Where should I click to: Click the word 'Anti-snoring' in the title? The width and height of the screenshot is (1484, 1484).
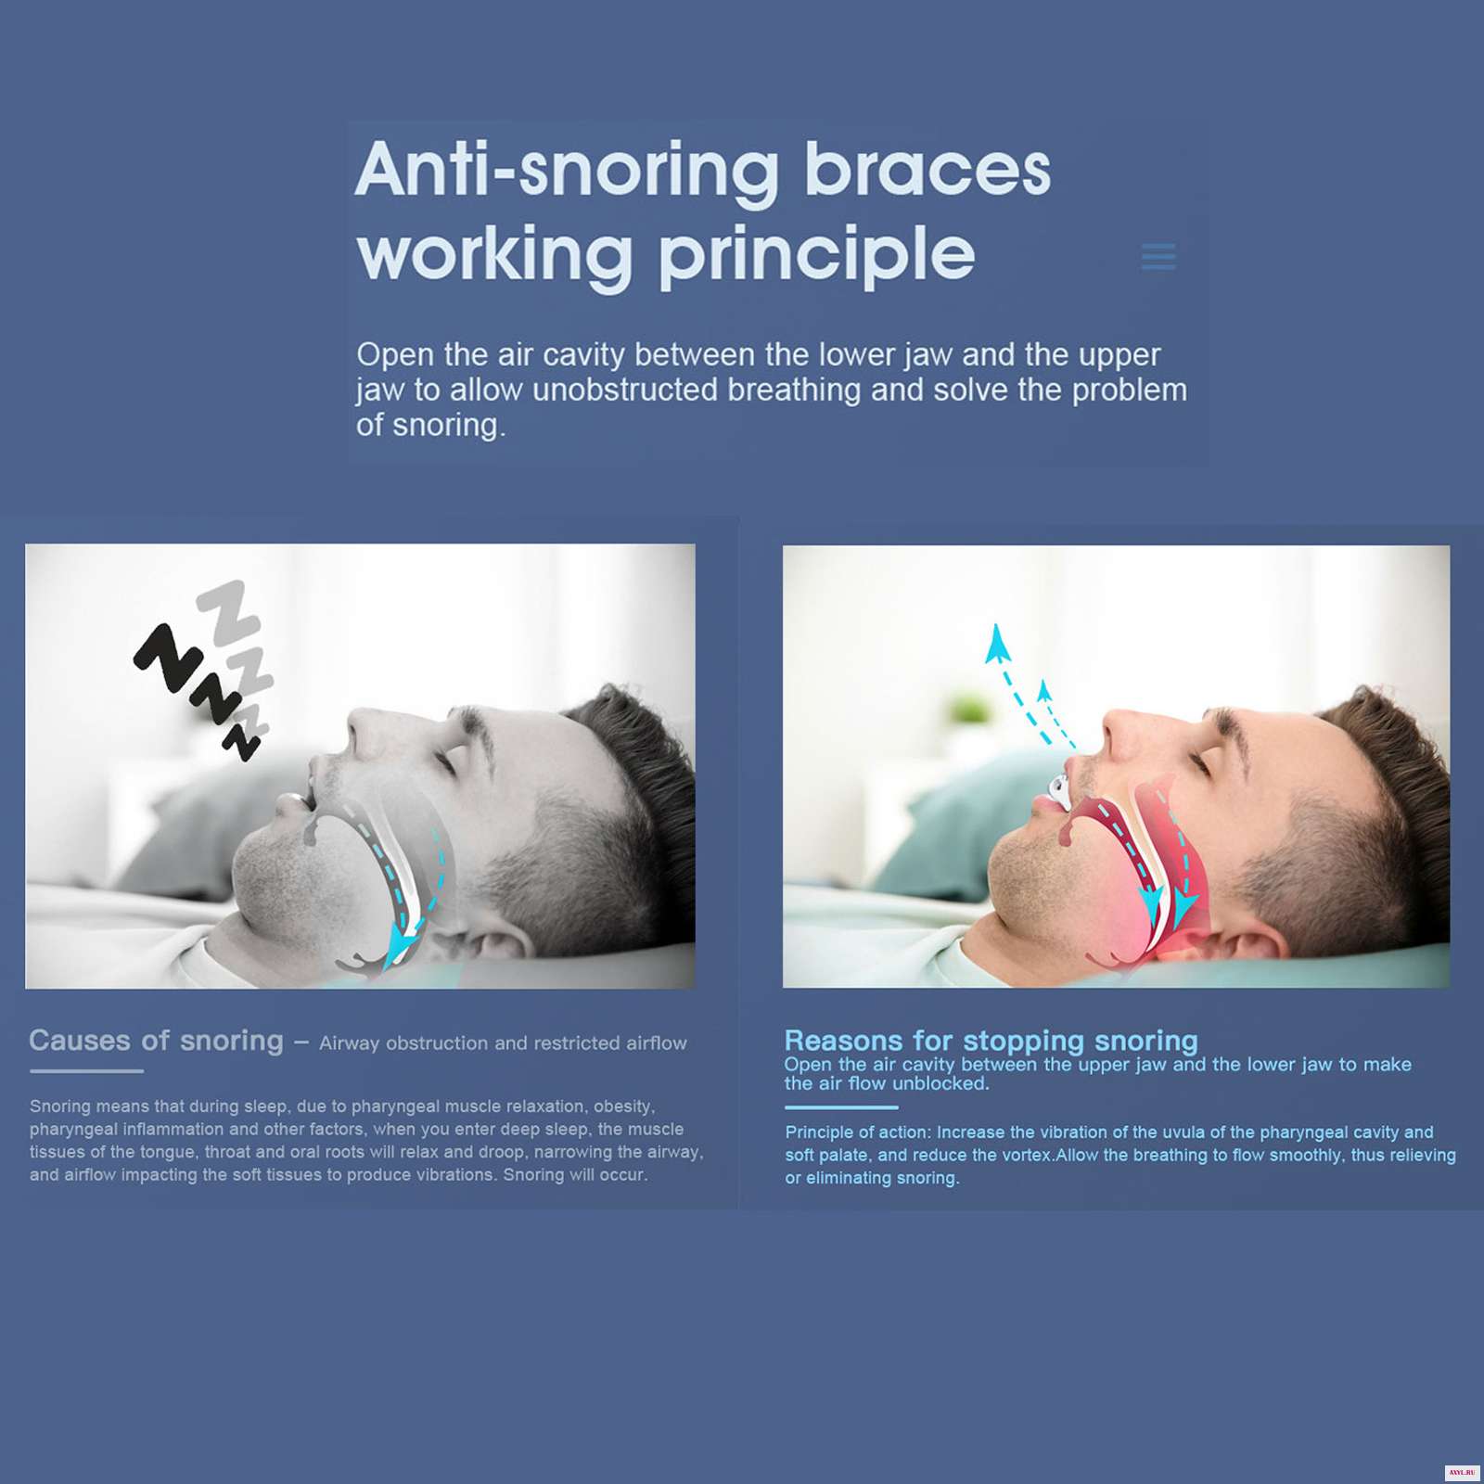click(x=568, y=172)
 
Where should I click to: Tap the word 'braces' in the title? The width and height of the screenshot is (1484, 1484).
click(x=927, y=170)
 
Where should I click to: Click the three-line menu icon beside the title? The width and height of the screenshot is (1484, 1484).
click(x=1158, y=256)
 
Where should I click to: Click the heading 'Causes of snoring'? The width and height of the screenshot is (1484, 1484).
click(x=156, y=1041)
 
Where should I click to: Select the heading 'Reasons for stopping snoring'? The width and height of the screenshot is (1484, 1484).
click(x=991, y=1040)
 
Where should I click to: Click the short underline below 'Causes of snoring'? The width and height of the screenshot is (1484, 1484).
click(x=86, y=1071)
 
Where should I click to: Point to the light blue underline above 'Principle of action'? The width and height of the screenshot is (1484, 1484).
click(x=841, y=1107)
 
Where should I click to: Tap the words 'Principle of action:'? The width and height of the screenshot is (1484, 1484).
click(x=858, y=1132)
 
